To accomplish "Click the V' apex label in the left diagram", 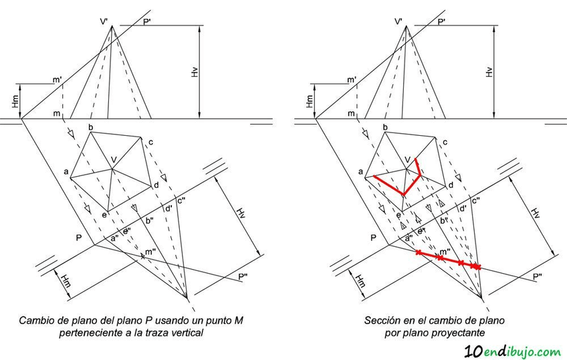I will click(x=105, y=22).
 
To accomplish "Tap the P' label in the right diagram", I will click(x=441, y=22).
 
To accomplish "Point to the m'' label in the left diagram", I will click(x=150, y=251).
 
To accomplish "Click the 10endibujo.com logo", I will click(x=511, y=349).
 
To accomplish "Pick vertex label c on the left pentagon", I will click(x=152, y=142).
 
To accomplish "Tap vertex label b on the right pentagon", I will click(x=386, y=127).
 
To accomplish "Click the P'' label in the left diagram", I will click(x=243, y=276).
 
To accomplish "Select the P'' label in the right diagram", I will click(x=538, y=276).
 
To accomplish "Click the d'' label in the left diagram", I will click(x=168, y=209).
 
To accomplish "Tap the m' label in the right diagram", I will click(x=352, y=81).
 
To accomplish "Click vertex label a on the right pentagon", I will click(x=361, y=173).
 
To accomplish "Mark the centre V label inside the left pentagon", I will click(x=114, y=159).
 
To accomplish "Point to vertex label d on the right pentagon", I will click(x=451, y=185).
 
